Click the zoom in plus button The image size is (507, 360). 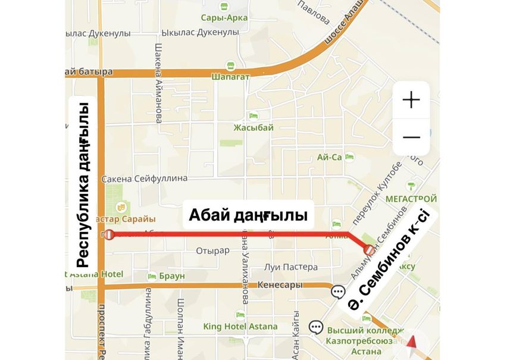[411, 99]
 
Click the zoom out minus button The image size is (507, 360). [411, 137]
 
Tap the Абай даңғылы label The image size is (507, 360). [248, 215]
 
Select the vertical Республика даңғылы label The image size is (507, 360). [83, 185]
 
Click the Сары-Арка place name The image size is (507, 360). [224, 17]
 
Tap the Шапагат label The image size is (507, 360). [229, 76]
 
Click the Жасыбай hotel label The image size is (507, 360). [253, 127]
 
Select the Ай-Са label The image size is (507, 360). [330, 157]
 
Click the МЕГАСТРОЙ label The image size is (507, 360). [411, 198]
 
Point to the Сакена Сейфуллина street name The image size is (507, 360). [145, 178]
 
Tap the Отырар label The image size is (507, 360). [212, 251]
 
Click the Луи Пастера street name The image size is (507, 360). [287, 267]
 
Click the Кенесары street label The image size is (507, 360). [280, 285]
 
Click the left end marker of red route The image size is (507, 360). [109, 234]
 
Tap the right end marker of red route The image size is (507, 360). [370, 249]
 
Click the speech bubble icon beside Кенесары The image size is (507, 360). [338, 292]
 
